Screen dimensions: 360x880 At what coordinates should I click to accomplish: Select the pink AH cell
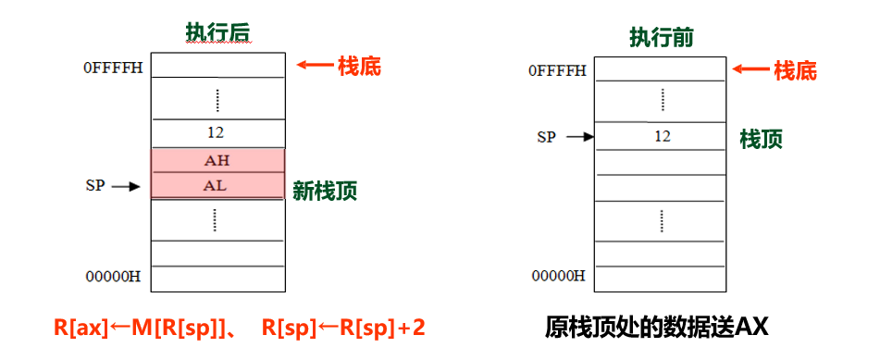click(x=217, y=160)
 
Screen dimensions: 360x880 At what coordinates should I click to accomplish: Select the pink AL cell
click(x=217, y=185)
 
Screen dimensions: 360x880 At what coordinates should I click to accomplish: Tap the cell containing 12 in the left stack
click(x=217, y=132)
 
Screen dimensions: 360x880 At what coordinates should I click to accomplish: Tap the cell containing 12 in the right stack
click(x=661, y=136)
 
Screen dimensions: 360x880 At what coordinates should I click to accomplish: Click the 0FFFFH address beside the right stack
click(x=557, y=70)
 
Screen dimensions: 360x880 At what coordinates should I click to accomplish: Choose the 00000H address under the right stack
click(x=558, y=276)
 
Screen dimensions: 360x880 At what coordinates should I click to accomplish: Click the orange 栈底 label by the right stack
click(x=795, y=70)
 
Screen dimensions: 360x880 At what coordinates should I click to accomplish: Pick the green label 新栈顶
click(x=325, y=192)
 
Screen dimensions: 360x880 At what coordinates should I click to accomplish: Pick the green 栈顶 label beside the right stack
click(x=761, y=139)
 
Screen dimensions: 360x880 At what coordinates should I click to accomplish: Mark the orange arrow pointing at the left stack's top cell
click(x=314, y=66)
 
